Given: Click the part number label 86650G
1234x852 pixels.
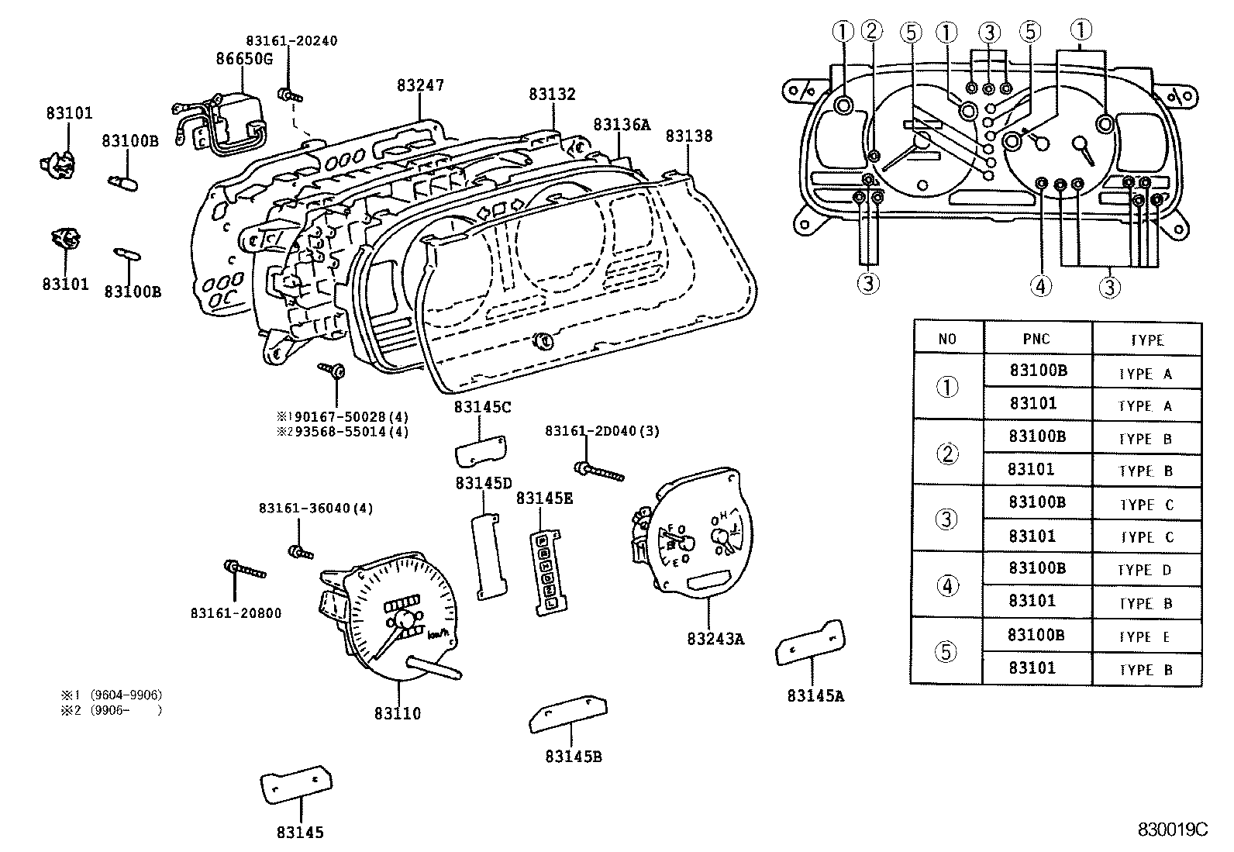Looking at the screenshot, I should coord(243,58).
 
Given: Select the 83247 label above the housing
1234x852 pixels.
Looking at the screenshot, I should coord(420,85).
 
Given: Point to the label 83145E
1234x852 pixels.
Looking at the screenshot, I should coord(545,498).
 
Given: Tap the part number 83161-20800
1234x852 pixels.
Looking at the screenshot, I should coord(236,613).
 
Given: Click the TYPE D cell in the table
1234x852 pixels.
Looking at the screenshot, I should coord(1146,570).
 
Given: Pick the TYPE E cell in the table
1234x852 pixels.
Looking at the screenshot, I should coord(1146,636).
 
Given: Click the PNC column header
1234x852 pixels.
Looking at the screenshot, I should coord(1036,339).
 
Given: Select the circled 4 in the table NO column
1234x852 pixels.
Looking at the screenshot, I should coord(947,585).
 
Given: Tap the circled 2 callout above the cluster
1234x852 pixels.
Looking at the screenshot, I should coord(872,31).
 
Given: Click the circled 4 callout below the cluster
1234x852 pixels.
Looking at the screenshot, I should coord(1040,286).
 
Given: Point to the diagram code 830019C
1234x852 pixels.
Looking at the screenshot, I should coord(1173,830).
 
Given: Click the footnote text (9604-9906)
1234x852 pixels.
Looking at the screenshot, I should coord(126,695).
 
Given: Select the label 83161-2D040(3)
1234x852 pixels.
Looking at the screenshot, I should coord(602,431).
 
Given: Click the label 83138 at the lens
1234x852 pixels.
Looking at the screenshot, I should coord(688,136).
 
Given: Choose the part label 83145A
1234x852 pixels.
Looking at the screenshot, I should coord(815,695).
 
